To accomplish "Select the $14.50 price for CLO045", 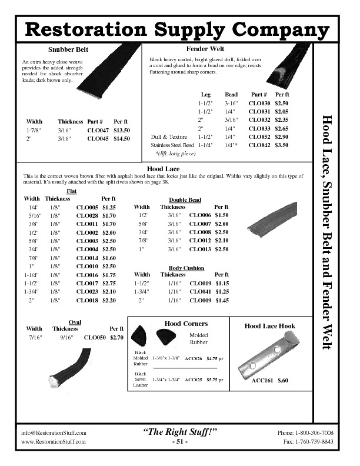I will click(x=122, y=139).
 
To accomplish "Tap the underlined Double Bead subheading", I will click(x=185, y=200).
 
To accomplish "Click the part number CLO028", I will click(x=86, y=216).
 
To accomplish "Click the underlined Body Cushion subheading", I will click(x=185, y=268).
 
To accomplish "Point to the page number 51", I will click(x=179, y=442).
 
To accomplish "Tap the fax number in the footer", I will click(x=308, y=441).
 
